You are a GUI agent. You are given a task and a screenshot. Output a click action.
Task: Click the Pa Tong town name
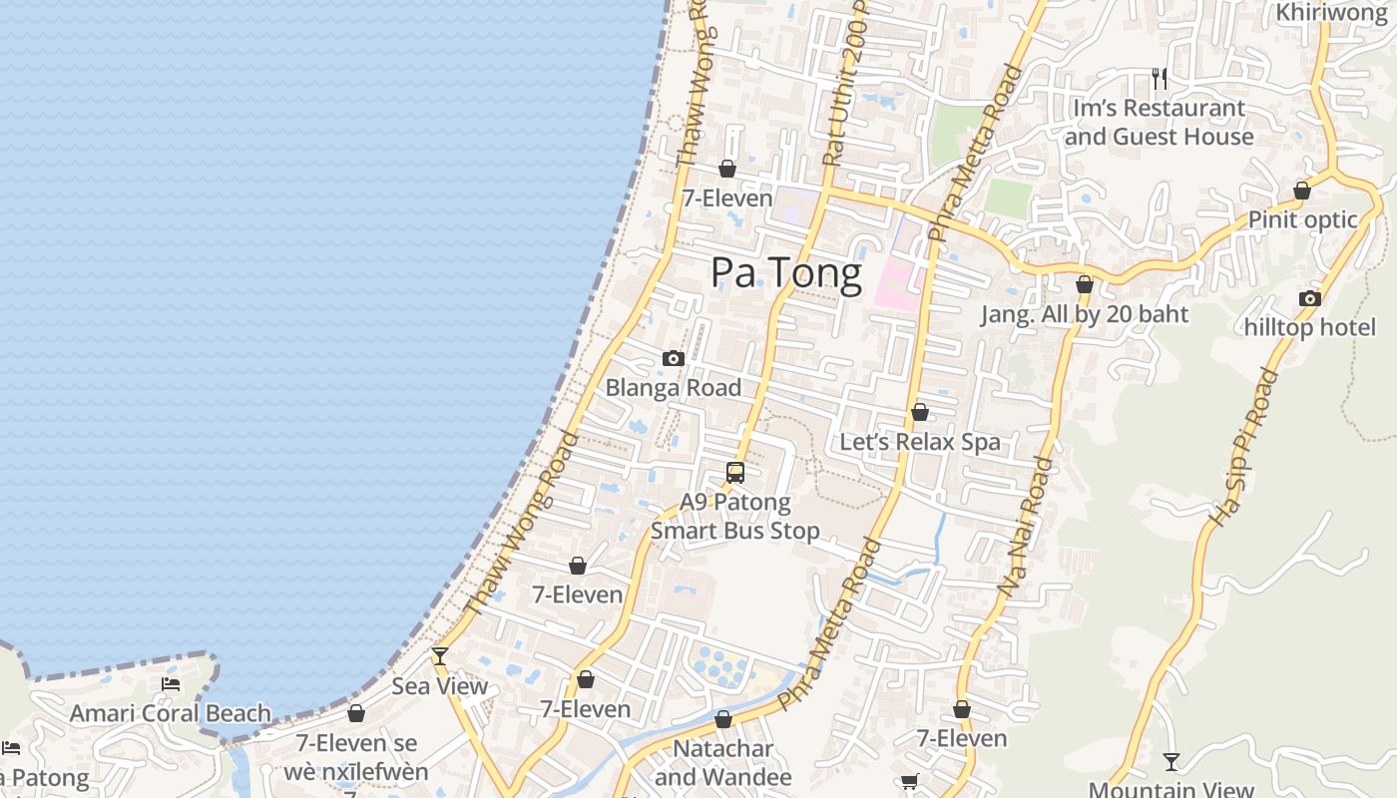pyautogui.click(x=786, y=273)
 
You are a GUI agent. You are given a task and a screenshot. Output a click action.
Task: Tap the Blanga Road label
pyautogui.click(x=674, y=388)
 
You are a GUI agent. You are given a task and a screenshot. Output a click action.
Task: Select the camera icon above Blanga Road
pyautogui.click(x=674, y=359)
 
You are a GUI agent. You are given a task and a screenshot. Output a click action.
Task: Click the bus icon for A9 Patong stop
pyautogui.click(x=735, y=473)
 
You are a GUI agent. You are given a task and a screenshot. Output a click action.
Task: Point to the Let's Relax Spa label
pyautogui.click(x=920, y=442)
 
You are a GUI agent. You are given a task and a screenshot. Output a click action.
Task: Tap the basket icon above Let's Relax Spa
pyautogui.click(x=920, y=412)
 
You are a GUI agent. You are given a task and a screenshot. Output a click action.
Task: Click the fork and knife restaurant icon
pyautogui.click(x=1160, y=78)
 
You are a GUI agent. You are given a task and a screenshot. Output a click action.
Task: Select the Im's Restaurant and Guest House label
pyautogui.click(x=1159, y=122)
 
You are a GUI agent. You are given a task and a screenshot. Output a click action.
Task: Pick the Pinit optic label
pyautogui.click(x=1303, y=219)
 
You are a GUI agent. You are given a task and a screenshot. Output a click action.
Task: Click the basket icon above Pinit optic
pyautogui.click(x=1302, y=191)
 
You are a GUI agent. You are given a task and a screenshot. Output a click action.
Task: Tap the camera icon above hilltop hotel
pyautogui.click(x=1310, y=298)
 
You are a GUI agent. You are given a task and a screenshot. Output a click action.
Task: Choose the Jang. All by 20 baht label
pyautogui.click(x=1085, y=314)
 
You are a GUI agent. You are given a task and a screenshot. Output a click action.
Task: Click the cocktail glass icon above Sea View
pyautogui.click(x=440, y=656)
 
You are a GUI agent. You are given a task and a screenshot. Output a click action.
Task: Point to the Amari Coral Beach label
pyautogui.click(x=171, y=713)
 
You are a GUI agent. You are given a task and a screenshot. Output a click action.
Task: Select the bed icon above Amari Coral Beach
pyautogui.click(x=171, y=684)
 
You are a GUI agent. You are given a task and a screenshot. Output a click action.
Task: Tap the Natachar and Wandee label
pyautogui.click(x=723, y=762)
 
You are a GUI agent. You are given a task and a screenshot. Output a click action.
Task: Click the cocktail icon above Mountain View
pyautogui.click(x=1171, y=762)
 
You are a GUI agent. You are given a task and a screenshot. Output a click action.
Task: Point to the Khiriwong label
pyautogui.click(x=1332, y=13)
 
